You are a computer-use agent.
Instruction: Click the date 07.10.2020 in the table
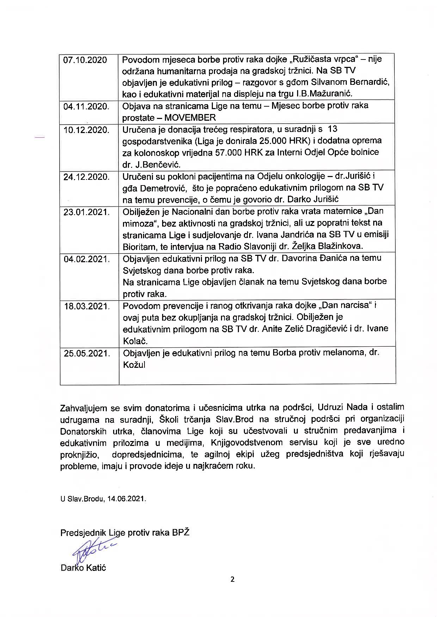[85, 60]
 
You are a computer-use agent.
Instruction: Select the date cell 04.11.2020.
[86, 106]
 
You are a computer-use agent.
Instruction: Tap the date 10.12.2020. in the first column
[86, 130]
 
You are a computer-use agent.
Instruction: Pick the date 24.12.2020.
[86, 177]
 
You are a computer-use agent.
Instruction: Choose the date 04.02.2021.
[87, 259]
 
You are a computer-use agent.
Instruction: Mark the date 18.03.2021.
[87, 306]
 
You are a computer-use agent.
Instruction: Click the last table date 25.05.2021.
[87, 353]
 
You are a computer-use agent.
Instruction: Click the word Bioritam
[138, 246]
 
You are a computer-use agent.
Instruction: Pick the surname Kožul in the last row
[134, 365]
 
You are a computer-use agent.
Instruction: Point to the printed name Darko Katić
[83, 568]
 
